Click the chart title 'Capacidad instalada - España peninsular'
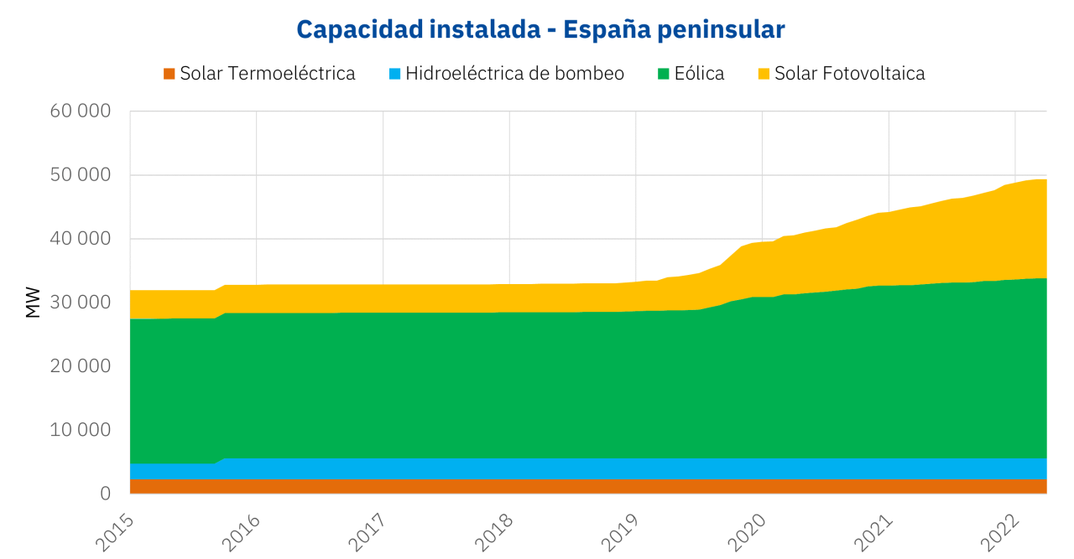(x=540, y=29)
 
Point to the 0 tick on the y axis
(x=105, y=494)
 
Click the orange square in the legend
(x=169, y=74)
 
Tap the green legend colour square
(x=664, y=74)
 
